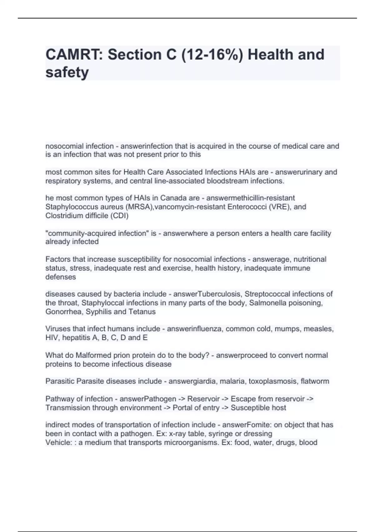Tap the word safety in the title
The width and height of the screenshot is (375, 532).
tap(67, 72)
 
